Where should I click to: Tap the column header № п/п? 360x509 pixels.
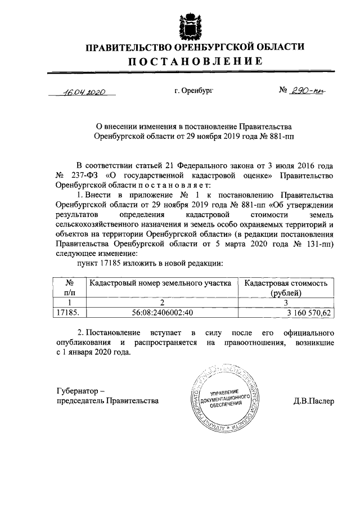click(69, 288)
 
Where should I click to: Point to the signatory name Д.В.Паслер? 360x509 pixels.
click(313, 402)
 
